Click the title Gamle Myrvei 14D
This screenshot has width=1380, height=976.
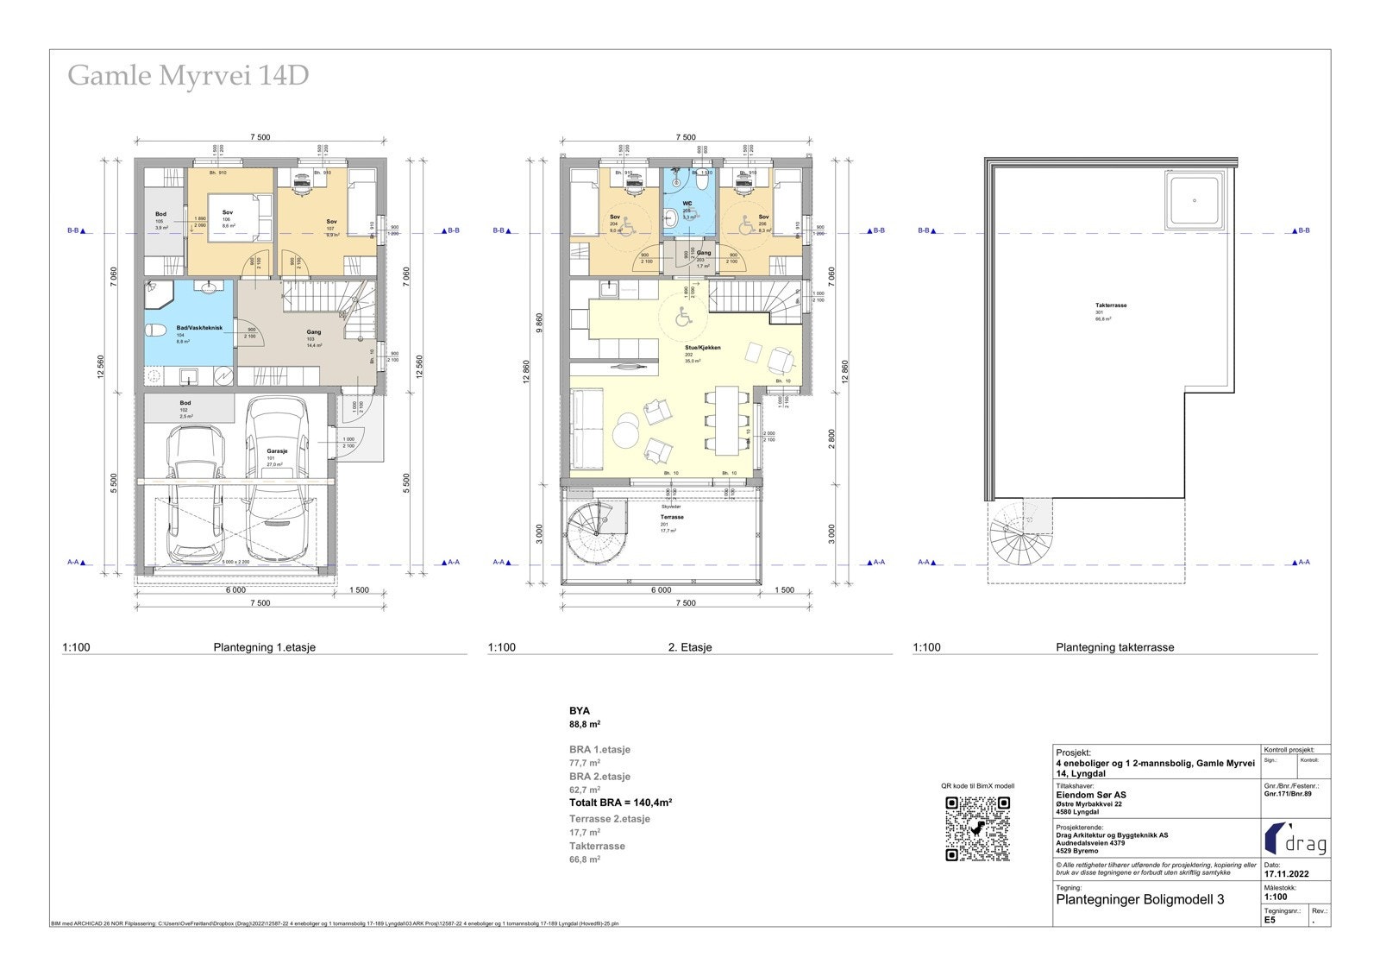(188, 76)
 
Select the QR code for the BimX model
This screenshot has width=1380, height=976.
(977, 828)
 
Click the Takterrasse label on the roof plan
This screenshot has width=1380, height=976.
(1111, 305)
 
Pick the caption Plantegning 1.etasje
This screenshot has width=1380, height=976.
(265, 647)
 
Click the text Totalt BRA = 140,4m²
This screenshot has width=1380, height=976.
(620, 803)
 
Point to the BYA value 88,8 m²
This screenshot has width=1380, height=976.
(585, 725)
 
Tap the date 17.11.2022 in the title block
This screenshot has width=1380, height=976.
(1286, 874)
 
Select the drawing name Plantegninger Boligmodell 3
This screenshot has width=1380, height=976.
(1139, 899)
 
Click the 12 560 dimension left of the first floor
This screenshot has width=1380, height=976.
(102, 367)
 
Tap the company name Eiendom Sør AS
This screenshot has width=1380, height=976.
(1091, 795)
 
